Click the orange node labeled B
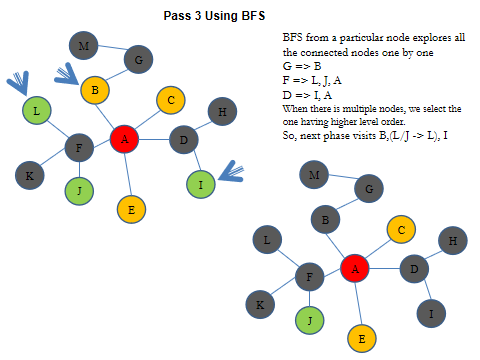[95, 91]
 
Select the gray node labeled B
[325, 218]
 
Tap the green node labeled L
[37, 111]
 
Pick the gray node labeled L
[267, 240]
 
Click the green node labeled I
[201, 184]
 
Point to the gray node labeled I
[431, 314]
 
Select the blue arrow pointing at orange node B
[70, 73]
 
